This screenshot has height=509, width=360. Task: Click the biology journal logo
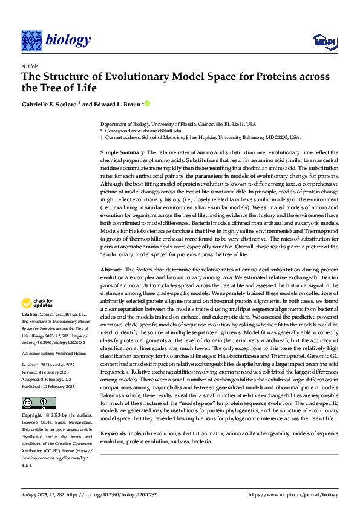pos(56,41)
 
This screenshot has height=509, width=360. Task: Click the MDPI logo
pos(324,41)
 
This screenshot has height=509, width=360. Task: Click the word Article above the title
pos(29,65)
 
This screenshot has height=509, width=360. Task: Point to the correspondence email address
pos(159,130)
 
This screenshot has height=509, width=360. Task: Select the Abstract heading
pos(111,268)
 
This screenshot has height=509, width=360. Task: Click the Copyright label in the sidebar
pos(31,399)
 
